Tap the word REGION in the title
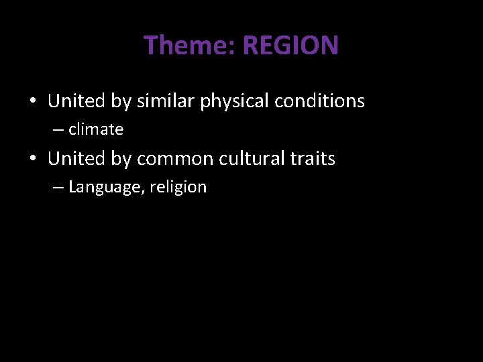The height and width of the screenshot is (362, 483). click(290, 46)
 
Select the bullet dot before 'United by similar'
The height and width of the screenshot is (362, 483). click(32, 102)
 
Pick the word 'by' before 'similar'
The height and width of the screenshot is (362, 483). click(121, 102)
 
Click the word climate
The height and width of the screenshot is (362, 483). click(96, 129)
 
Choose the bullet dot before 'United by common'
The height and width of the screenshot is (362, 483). click(32, 160)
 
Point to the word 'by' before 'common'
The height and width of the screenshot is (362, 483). click(121, 160)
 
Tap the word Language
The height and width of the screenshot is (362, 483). click(105, 188)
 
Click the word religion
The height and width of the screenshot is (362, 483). click(178, 188)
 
